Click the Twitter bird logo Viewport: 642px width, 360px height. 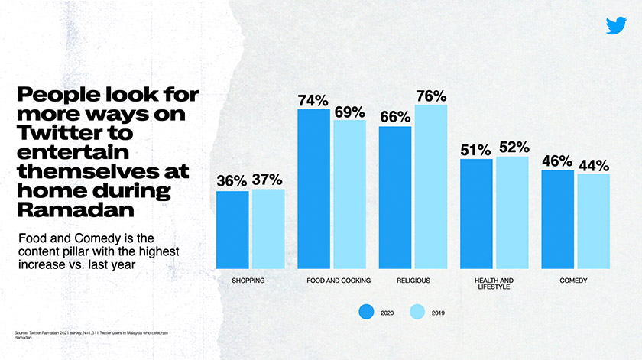616,25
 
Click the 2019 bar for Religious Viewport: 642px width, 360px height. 431,186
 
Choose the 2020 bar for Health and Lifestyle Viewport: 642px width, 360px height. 476,214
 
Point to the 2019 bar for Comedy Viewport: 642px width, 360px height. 593,221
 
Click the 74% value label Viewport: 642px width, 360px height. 313,101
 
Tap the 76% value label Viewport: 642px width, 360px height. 431,96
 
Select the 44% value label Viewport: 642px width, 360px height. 593,165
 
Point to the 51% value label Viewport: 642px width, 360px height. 475,151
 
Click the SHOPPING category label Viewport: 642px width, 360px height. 248,281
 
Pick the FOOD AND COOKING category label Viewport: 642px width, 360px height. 339,281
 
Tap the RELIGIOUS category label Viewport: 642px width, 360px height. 413,281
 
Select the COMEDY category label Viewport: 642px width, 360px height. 573,281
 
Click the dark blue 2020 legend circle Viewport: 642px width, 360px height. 366,312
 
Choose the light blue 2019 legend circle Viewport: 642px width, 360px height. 417,312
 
